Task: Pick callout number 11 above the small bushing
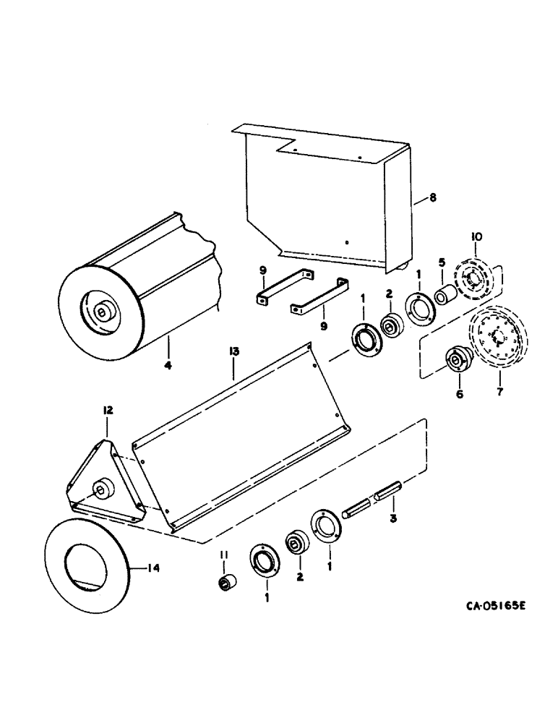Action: pos(225,555)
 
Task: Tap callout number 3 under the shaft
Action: pos(392,520)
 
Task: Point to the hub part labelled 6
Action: pos(458,359)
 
